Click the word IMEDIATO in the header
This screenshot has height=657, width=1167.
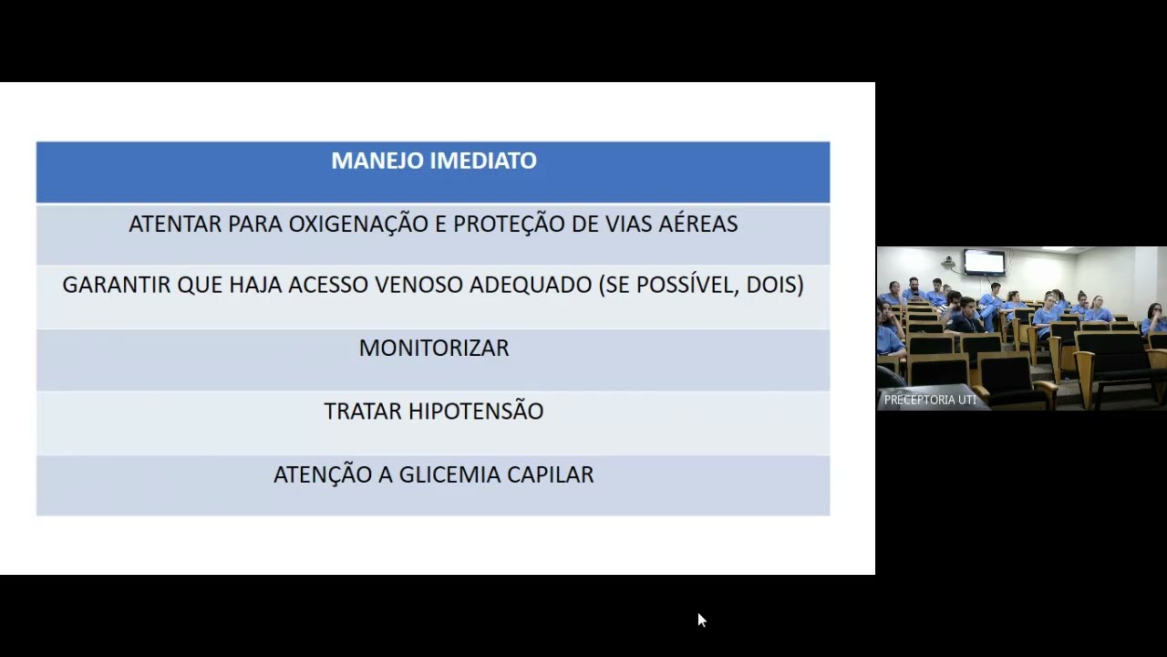(x=484, y=161)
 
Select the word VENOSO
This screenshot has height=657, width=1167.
(x=419, y=285)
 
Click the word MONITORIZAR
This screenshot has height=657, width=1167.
(x=434, y=348)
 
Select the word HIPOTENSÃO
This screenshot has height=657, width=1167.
(x=476, y=412)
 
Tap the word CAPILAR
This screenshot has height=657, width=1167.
(x=551, y=474)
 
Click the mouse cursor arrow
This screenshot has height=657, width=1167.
(x=701, y=620)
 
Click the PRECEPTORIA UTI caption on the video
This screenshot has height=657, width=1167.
(x=930, y=400)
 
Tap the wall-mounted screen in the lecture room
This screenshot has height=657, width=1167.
(x=984, y=262)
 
